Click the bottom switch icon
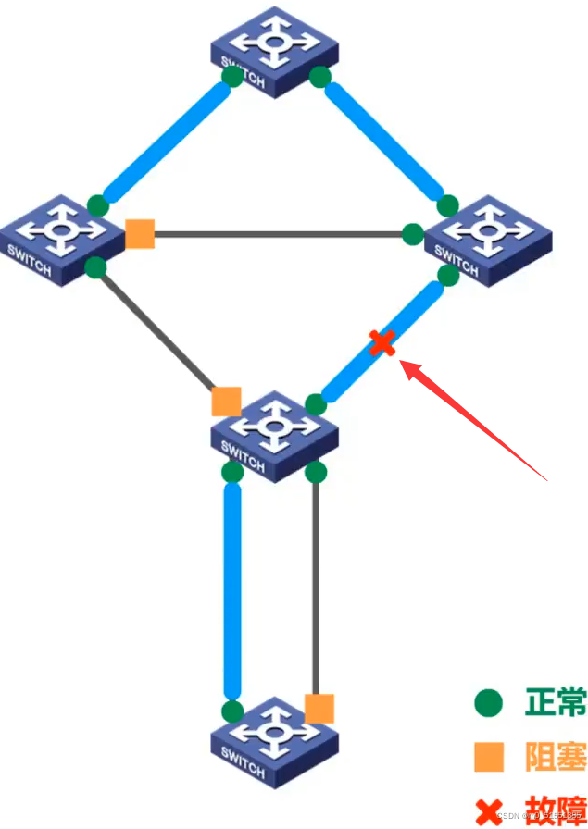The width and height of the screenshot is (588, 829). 273,742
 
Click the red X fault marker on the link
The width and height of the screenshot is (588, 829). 382,343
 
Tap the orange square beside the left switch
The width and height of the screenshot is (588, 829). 140,233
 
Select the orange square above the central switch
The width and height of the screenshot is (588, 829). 226,402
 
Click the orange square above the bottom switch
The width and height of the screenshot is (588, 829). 319,709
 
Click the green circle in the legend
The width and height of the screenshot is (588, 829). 488,704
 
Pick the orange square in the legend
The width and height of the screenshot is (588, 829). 488,757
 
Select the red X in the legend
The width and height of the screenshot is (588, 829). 488,811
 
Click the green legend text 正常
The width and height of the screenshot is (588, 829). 555,703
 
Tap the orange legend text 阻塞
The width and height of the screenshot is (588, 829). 555,757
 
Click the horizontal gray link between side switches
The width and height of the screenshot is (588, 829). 278,234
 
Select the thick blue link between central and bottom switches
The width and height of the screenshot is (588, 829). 232,592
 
